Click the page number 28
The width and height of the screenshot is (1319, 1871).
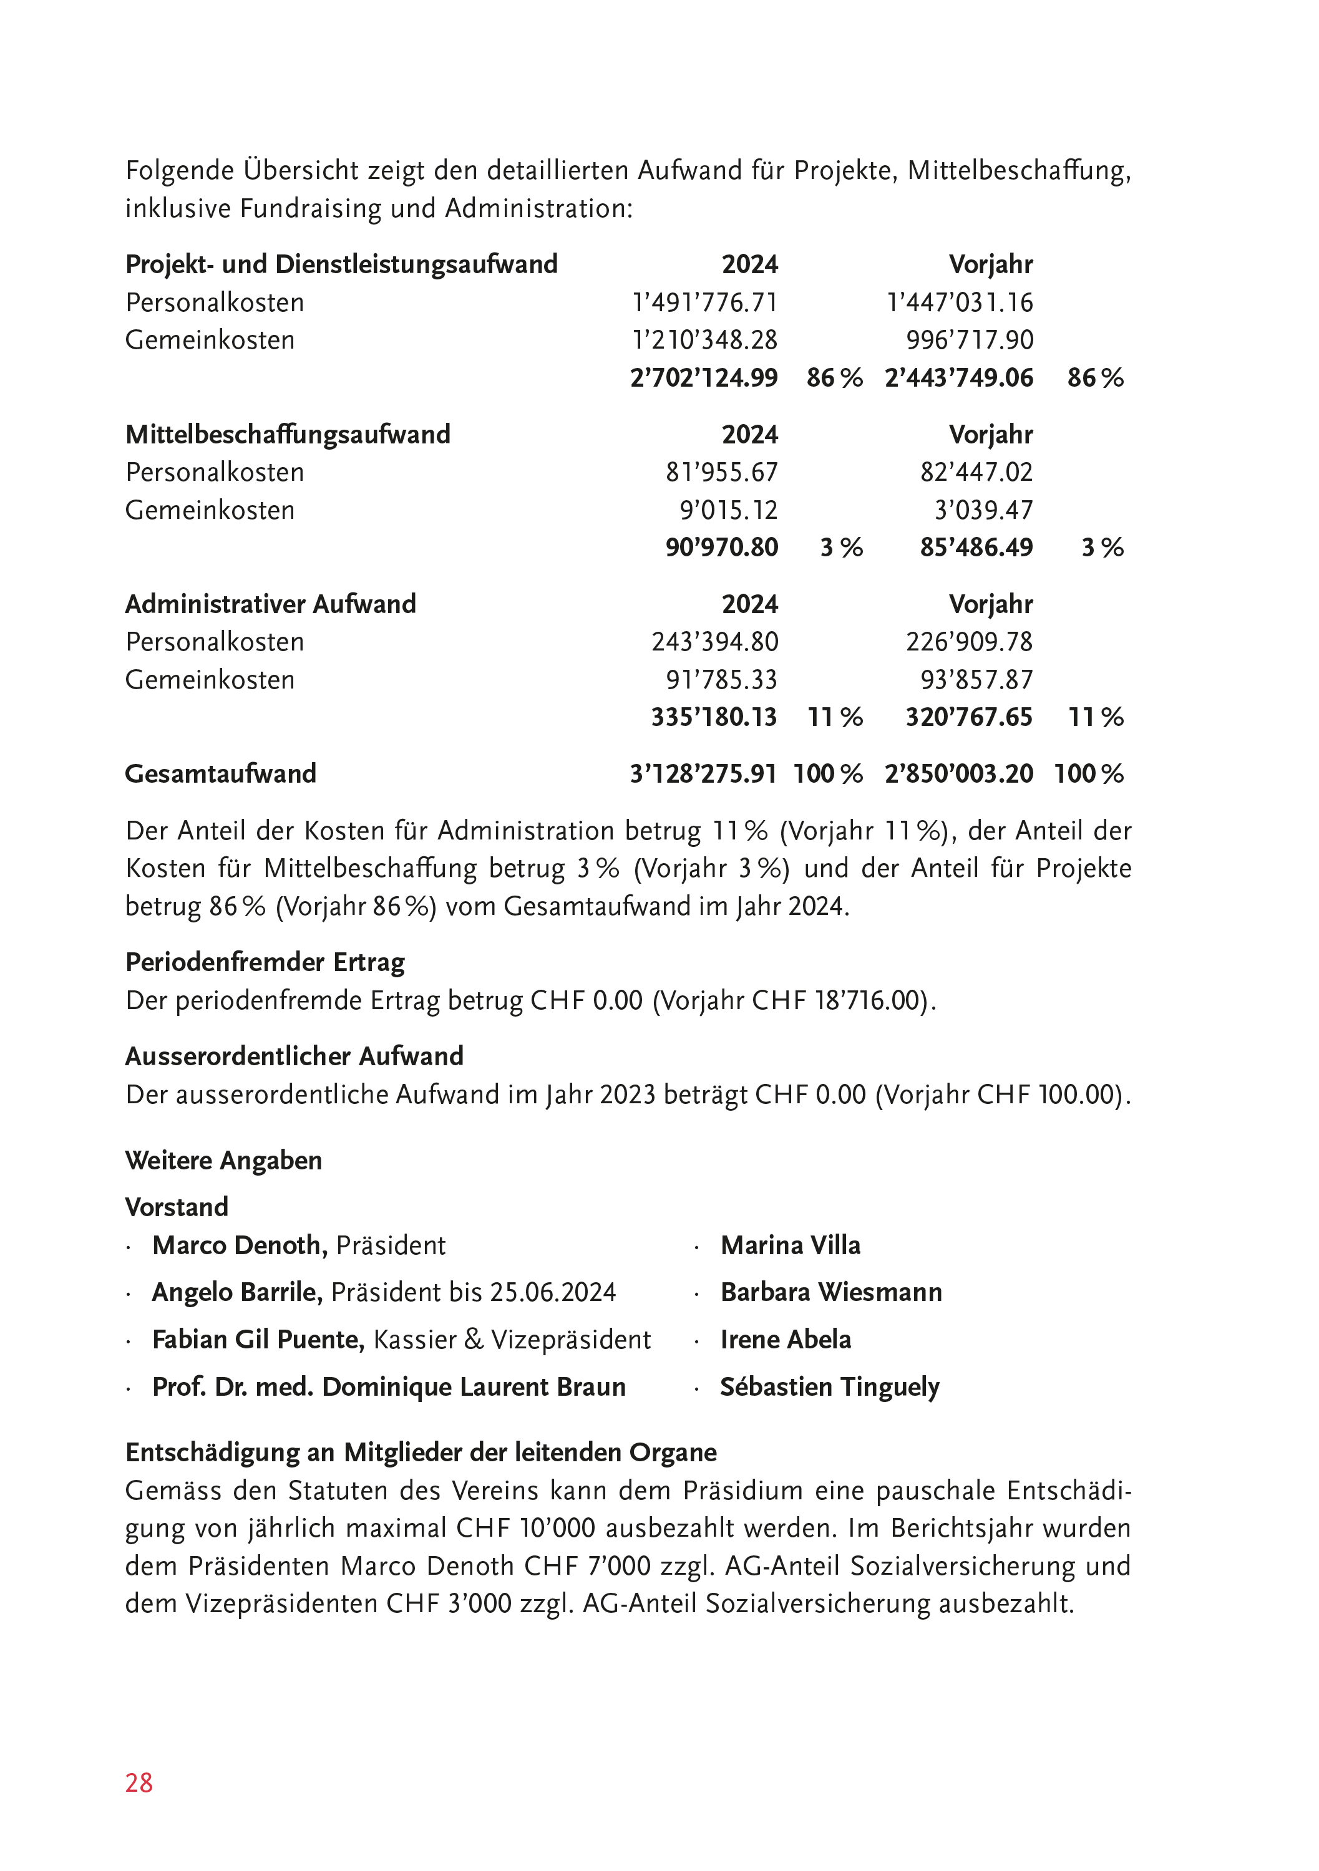pos(139,1782)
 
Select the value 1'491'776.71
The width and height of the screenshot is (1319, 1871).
pos(705,302)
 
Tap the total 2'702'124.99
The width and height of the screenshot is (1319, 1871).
pos(704,377)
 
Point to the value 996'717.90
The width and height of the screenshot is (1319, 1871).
pos(969,340)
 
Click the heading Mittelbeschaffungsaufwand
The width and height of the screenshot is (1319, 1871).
pos(288,434)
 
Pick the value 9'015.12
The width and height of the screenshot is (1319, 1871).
pos(729,510)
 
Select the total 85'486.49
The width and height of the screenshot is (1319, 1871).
pos(976,547)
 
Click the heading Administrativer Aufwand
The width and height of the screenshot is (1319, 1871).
pos(271,604)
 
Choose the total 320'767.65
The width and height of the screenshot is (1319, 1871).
pos(968,717)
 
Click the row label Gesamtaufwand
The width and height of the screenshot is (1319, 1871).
pos(220,773)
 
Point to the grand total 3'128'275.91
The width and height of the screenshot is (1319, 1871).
pos(703,773)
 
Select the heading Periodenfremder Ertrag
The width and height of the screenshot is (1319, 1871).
pos(265,962)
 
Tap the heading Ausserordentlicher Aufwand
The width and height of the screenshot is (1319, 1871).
pos(294,1056)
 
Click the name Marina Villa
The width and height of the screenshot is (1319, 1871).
pos(790,1245)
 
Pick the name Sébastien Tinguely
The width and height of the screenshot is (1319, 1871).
pos(829,1387)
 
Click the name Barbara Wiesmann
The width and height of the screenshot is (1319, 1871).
pos(830,1292)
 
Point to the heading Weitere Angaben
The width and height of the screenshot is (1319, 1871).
pos(223,1161)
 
